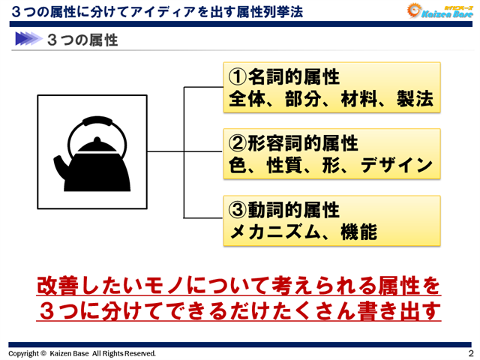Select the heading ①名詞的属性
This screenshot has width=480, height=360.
(284, 77)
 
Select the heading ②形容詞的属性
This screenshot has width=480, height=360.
(293, 142)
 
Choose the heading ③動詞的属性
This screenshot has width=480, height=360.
(284, 208)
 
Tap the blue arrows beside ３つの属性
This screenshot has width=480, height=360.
(26, 39)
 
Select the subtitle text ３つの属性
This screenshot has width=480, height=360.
(82, 39)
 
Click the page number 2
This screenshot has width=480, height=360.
(470, 353)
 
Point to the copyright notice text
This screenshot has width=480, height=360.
(82, 353)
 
